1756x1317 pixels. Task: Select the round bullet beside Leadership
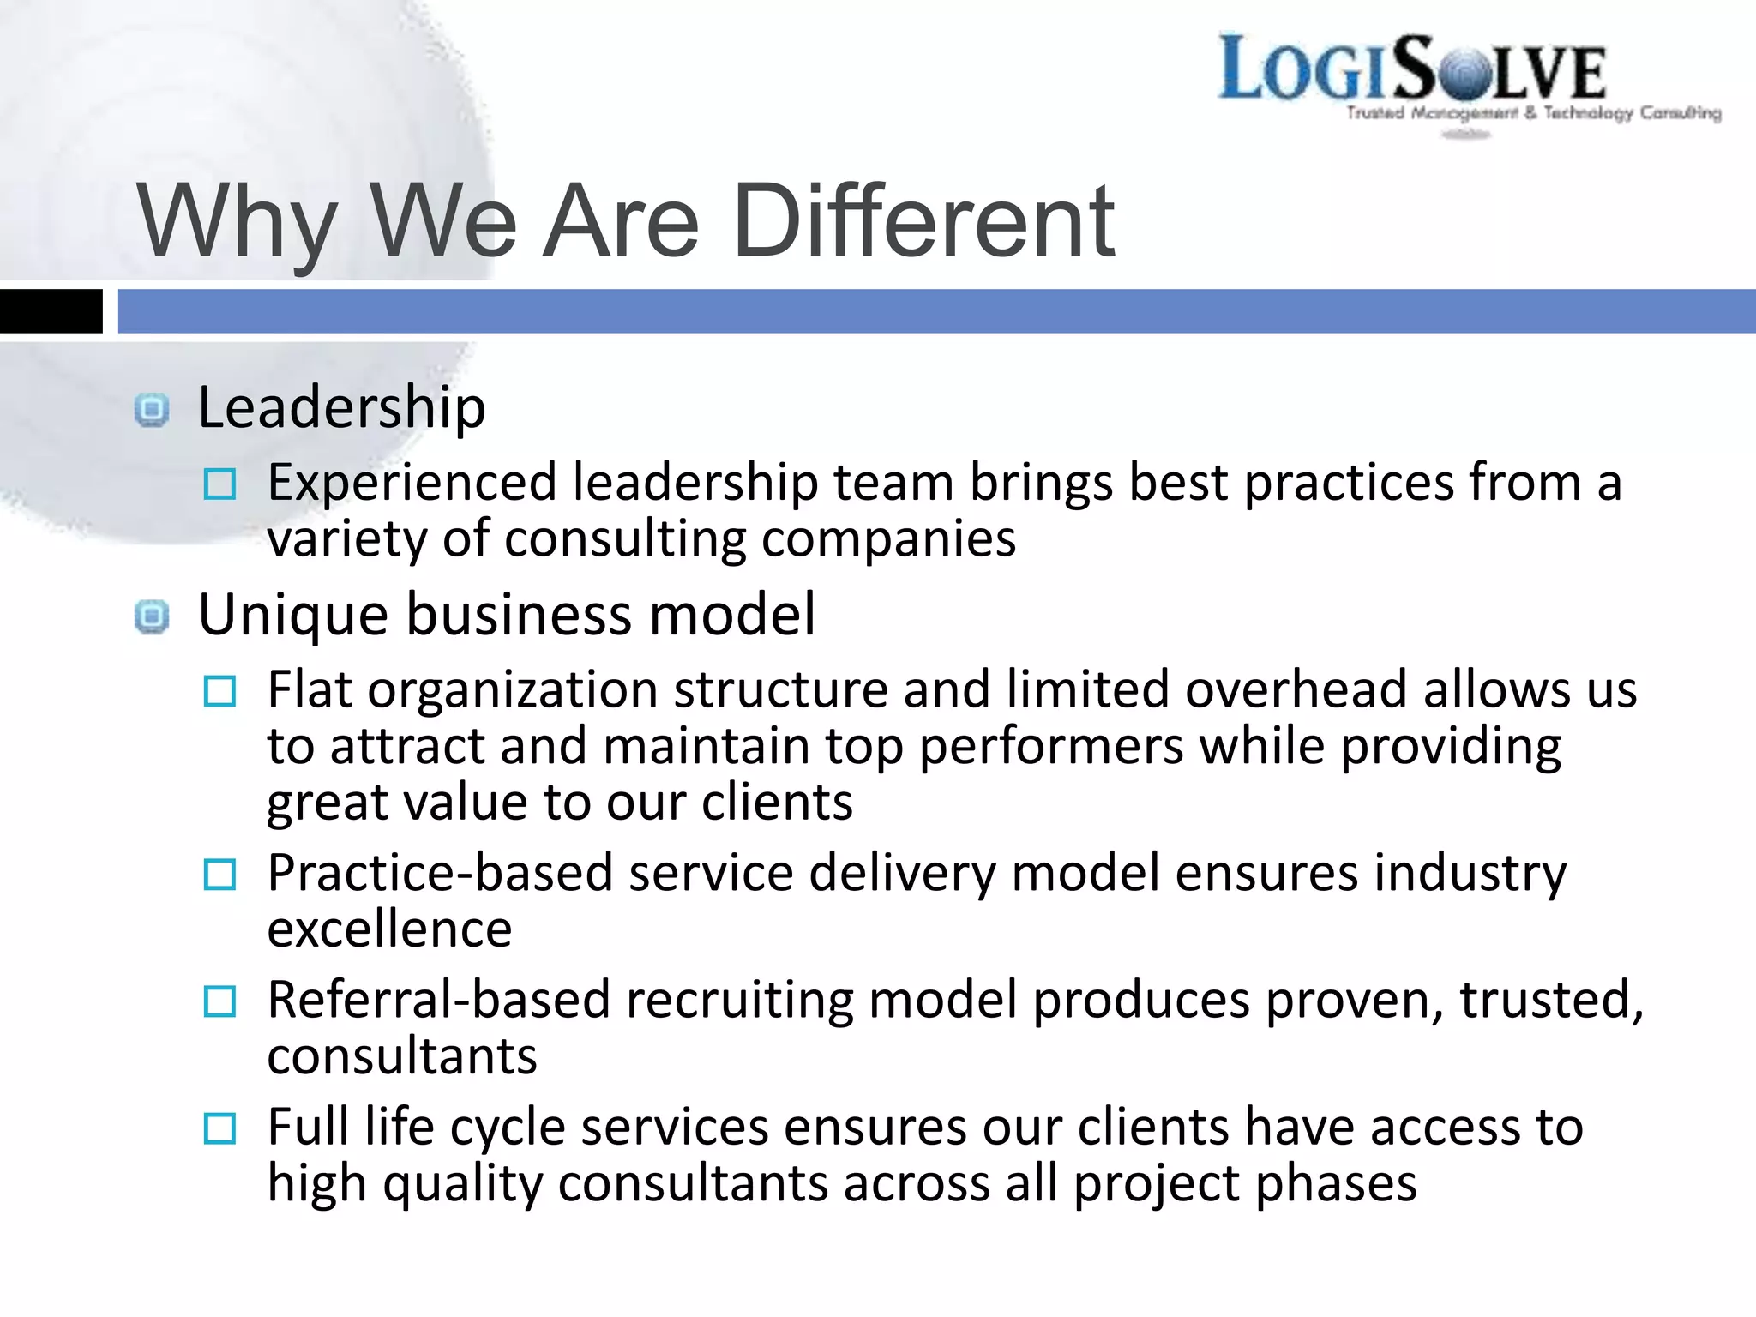coord(152,410)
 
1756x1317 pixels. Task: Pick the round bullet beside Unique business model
coord(152,616)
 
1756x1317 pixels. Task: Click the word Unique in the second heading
coord(293,615)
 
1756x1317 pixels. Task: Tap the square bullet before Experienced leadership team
coord(219,484)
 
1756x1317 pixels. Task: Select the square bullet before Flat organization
coord(219,691)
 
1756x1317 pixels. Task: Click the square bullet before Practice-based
coord(219,875)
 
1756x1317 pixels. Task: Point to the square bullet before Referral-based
coord(219,1001)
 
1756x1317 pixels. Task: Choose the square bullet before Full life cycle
coord(219,1128)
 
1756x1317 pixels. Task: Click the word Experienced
coord(412,483)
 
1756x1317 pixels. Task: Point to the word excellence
coord(389,929)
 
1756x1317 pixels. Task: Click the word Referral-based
coord(438,1000)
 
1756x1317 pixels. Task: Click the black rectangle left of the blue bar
coord(51,310)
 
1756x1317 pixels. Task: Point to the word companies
coord(888,539)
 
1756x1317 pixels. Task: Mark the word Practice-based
coord(440,873)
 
